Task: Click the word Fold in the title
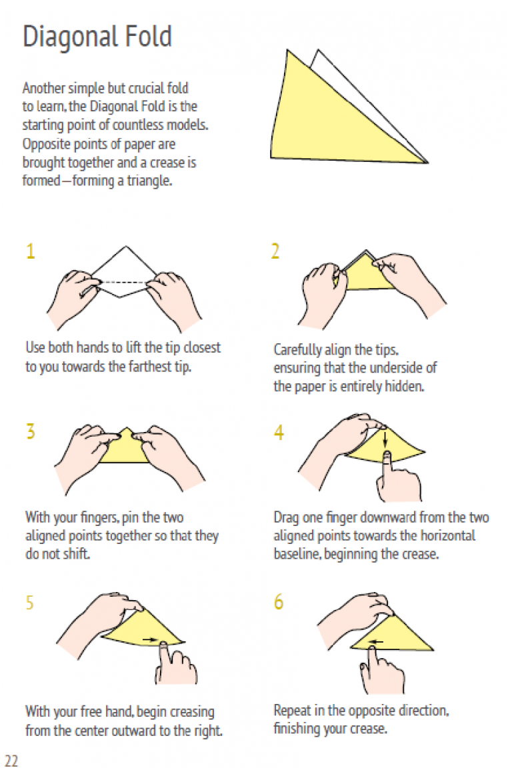point(148,36)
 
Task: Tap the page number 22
point(11,761)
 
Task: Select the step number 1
point(31,251)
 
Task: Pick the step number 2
point(275,251)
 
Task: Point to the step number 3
point(31,431)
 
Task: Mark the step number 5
point(30,603)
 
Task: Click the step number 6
point(279,601)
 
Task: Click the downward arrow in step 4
point(385,438)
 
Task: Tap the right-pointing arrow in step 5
point(149,639)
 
